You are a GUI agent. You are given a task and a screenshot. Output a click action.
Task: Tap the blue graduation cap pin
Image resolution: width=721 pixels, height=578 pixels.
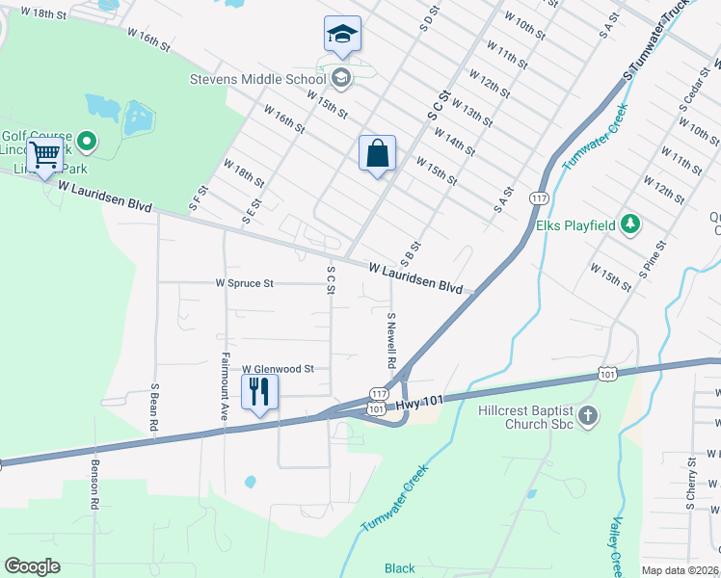pos(342,36)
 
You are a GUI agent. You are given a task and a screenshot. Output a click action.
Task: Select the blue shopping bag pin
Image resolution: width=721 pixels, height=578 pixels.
pos(377,154)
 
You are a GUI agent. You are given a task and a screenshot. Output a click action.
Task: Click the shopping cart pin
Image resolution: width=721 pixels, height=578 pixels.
pos(44,155)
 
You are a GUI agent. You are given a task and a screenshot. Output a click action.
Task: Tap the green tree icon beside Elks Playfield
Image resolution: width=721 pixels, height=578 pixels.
pos(630,224)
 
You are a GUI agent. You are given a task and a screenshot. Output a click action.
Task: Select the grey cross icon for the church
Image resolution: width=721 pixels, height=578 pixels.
pos(589,417)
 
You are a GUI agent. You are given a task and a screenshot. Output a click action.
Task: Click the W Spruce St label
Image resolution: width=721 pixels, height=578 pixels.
pos(245,283)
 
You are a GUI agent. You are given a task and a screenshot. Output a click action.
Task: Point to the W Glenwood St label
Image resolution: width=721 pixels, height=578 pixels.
pos(278,368)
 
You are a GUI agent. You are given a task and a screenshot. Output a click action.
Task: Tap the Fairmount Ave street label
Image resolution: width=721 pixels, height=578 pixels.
pos(224,374)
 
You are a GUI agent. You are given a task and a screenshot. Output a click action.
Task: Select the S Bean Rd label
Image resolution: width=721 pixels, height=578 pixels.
pos(154,407)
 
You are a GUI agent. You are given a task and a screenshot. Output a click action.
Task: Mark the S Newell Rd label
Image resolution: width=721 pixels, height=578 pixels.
pos(391,341)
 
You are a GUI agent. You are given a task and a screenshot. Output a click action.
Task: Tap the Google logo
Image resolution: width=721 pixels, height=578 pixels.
pos(33,565)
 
